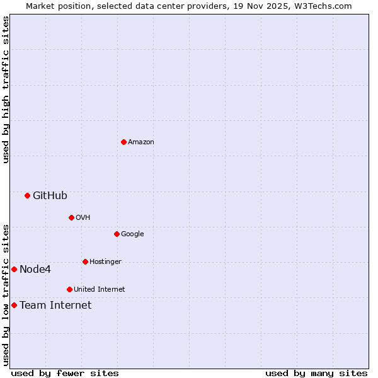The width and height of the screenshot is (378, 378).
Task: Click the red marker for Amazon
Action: tap(123, 142)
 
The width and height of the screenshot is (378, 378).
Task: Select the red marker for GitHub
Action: tap(27, 195)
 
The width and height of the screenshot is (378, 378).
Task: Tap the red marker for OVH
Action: tap(71, 217)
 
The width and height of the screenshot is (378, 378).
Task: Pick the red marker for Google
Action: tap(117, 234)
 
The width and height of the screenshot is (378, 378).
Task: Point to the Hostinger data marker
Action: tap(85, 261)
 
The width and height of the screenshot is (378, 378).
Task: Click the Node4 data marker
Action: tap(14, 269)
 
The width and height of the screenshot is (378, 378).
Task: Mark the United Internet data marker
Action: tap(69, 289)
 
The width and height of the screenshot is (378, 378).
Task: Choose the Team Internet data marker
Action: tap(14, 305)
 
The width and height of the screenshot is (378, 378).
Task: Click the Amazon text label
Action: tap(140, 142)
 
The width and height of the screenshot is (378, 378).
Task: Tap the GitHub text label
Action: tap(50, 195)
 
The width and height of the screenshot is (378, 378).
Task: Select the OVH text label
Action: tap(83, 217)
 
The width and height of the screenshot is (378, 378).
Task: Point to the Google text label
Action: tap(132, 234)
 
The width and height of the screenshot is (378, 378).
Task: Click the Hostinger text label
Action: tap(105, 261)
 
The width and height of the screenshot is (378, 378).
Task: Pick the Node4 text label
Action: tap(35, 269)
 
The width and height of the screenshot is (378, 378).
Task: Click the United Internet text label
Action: tap(99, 289)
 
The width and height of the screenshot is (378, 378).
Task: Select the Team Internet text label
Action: tap(55, 305)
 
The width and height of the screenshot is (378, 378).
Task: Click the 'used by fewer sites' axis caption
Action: tap(65, 373)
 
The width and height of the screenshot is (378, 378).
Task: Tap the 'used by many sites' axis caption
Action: tap(316, 373)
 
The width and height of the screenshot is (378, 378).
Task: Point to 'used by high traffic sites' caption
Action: tap(6, 89)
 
